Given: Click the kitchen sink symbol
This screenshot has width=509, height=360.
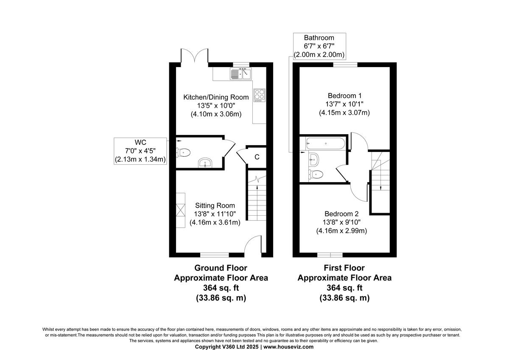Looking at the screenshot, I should [241, 74].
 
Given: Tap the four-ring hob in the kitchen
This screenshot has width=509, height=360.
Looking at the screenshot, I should [259, 95].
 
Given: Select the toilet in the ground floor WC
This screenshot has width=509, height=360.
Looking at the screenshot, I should [183, 152].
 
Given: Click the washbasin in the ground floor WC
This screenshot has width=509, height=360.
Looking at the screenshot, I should [205, 163].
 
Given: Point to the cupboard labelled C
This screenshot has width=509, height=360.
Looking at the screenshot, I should [257, 157].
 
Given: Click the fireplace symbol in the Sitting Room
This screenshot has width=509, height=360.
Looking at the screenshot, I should [181, 210].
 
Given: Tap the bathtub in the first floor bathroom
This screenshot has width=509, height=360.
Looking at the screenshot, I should [324, 143].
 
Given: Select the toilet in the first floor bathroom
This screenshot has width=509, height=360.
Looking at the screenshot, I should [316, 174].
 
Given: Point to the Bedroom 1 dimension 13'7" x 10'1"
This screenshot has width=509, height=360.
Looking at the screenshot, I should [344, 104].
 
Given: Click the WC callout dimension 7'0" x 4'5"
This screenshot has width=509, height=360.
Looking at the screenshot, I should [140, 150].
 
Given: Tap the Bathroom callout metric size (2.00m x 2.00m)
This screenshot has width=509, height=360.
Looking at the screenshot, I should [319, 55].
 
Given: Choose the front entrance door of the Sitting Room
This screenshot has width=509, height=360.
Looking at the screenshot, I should [255, 245].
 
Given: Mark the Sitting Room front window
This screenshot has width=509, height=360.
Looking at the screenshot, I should [214, 255].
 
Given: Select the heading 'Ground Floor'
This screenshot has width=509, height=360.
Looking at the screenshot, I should [221, 268].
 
